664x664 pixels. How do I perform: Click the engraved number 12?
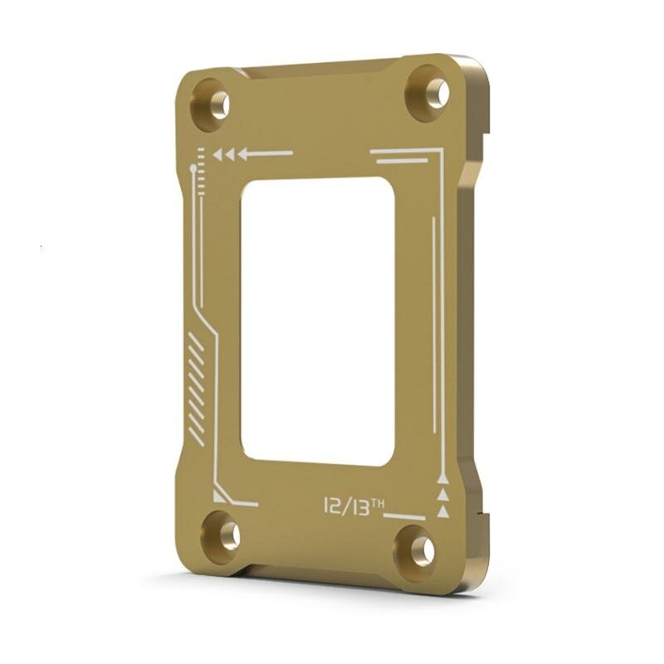tap(334, 505)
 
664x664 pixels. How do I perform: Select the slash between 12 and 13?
tap(347, 506)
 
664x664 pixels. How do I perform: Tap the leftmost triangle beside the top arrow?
tap(217, 154)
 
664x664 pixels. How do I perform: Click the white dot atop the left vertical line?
tap(193, 168)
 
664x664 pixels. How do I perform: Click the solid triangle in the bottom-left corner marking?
tap(220, 496)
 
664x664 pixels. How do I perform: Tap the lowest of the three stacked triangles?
tap(443, 511)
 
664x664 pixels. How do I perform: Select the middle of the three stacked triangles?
tap(443, 495)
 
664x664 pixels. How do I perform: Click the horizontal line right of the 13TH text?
tap(405, 517)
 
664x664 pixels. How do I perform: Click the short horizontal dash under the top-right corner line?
tap(402, 160)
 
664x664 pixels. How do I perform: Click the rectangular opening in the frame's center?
tap(317, 320)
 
